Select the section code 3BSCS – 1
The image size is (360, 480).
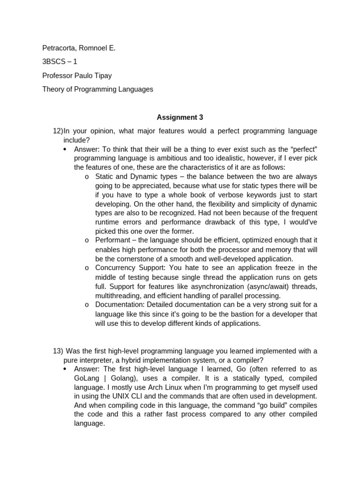click(60, 61)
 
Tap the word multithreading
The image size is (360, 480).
click(119, 295)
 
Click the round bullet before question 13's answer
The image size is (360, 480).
click(65, 369)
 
